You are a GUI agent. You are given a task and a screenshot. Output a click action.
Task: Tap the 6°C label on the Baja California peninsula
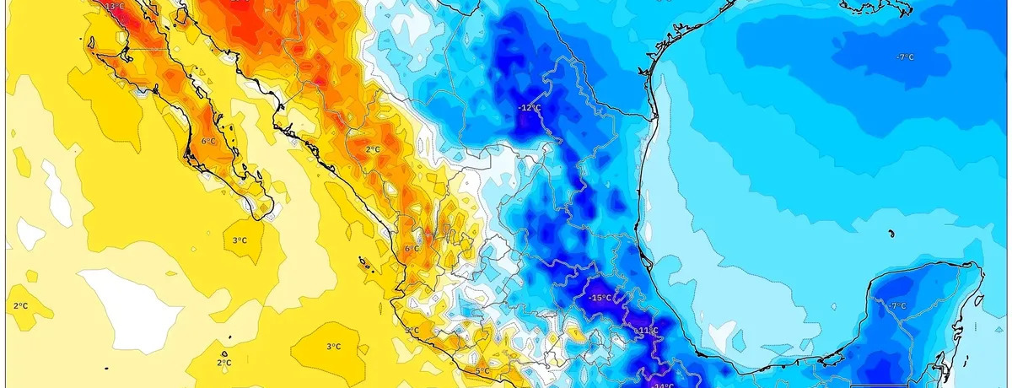tap(208, 141)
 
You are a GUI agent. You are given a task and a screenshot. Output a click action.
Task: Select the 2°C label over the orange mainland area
tap(373, 149)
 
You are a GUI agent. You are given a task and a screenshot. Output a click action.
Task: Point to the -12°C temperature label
tap(529, 107)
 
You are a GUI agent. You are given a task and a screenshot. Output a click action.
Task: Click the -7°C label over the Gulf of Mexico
tap(905, 57)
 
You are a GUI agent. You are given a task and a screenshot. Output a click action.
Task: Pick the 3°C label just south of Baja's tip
tap(240, 240)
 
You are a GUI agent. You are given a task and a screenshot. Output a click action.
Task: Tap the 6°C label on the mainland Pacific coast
tap(412, 249)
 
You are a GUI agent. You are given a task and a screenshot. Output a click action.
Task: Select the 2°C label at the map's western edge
tap(20, 304)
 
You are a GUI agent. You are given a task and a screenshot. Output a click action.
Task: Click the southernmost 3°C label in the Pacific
tap(333, 346)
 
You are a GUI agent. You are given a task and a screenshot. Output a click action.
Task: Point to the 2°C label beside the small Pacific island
tap(223, 363)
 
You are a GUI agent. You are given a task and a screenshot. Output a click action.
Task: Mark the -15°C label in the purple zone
tap(600, 298)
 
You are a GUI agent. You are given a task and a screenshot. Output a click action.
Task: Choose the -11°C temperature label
tap(647, 330)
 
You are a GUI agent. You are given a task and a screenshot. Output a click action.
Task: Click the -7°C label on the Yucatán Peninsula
tap(897, 305)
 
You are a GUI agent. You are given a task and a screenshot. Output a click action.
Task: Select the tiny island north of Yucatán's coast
tap(891, 233)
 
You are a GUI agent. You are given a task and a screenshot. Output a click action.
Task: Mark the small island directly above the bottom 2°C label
tap(225, 353)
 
